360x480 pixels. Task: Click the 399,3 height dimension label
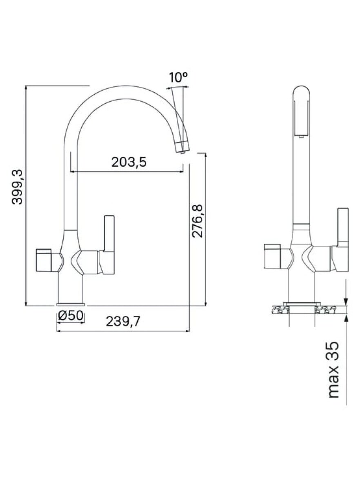point(17,187)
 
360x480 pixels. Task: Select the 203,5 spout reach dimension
point(129,162)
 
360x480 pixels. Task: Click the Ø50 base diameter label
point(70,315)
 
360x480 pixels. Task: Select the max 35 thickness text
point(333,369)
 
